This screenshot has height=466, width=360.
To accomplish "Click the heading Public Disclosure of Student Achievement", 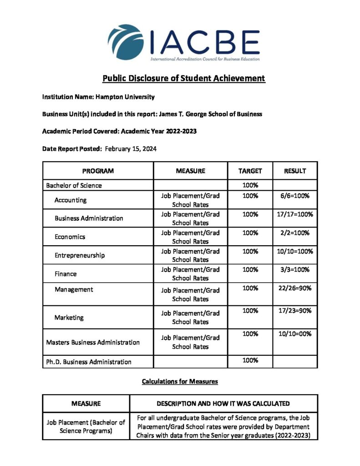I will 183,78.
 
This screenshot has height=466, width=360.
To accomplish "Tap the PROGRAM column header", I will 98,171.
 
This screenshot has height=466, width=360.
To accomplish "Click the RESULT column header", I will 295,171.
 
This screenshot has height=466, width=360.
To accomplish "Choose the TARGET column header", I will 250,171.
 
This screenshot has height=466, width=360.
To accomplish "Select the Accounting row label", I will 71,200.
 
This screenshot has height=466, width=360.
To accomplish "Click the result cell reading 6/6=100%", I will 295,196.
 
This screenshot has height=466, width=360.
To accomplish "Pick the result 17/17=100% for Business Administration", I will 295,214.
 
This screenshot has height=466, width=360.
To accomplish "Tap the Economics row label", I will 70,237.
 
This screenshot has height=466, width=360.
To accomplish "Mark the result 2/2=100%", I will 295,233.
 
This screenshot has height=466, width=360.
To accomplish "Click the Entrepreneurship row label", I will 80,255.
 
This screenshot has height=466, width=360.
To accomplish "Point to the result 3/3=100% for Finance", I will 295,269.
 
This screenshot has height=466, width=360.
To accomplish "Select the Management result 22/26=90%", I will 295,288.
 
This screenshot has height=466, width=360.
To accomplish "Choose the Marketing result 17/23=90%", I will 295,311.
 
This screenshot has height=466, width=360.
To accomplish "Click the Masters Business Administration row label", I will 93,342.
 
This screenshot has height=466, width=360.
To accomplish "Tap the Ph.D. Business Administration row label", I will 89,362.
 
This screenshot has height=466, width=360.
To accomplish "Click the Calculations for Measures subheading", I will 180,381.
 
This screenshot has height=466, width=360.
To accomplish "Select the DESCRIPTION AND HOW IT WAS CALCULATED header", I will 223,404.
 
